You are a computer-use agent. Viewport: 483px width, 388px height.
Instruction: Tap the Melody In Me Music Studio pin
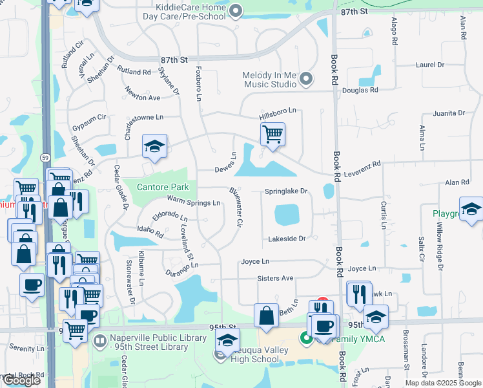[307, 80]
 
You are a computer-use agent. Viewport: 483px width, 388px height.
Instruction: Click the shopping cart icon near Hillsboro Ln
[272, 135]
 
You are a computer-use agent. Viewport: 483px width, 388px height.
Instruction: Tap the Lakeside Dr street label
[287, 239]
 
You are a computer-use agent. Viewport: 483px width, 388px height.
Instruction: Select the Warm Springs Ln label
[194, 202]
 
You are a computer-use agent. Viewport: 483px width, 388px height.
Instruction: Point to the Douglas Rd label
[360, 91]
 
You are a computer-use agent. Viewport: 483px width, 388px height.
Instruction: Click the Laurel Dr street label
[430, 65]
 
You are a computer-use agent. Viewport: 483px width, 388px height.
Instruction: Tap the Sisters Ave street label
[276, 278]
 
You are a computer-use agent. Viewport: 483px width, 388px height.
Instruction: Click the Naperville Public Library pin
[100, 340]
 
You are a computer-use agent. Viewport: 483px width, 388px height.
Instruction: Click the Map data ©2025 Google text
[442, 383]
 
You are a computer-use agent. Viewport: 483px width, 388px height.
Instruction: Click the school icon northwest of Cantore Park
[155, 147]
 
